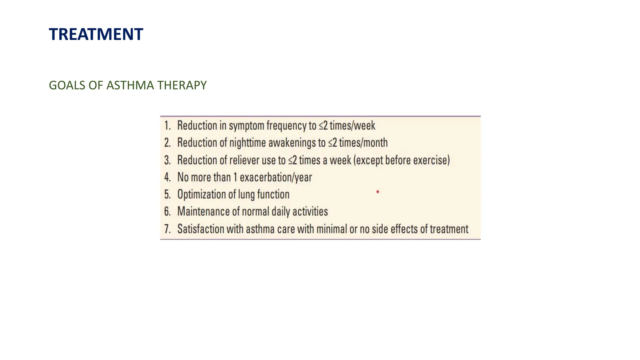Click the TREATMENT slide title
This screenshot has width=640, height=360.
(x=96, y=34)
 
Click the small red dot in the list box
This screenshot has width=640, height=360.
(x=377, y=192)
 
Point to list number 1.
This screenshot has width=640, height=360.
(x=167, y=126)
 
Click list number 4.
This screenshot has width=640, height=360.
(x=167, y=177)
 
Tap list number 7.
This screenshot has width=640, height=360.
(x=167, y=229)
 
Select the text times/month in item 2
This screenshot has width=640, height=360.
(x=363, y=143)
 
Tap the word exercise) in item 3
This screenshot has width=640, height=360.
(x=432, y=160)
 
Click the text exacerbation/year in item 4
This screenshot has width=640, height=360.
(x=276, y=177)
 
